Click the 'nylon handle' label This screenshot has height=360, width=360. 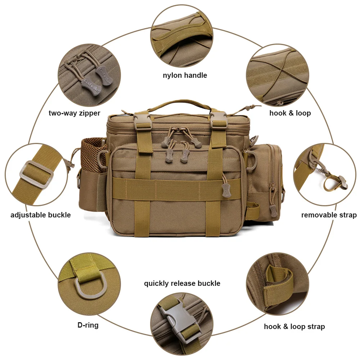(x=185, y=75)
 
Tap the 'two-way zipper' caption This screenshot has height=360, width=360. (x=75, y=113)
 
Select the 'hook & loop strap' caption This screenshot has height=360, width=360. (x=294, y=327)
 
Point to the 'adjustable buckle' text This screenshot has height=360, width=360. (x=40, y=215)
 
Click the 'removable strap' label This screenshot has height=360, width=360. (x=329, y=215)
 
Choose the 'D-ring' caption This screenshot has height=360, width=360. (x=88, y=325)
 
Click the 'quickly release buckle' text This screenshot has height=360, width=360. (x=182, y=283)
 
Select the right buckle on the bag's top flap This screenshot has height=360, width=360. (x=219, y=121)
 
